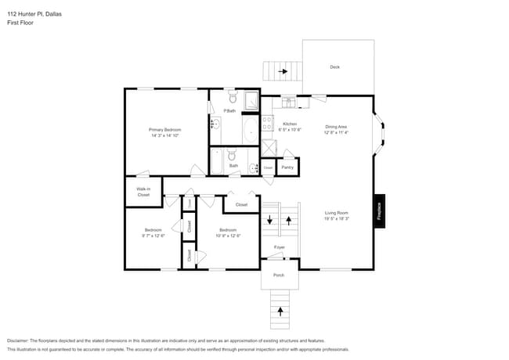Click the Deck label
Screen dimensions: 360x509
coord(334,67)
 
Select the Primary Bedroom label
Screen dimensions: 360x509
coord(165,129)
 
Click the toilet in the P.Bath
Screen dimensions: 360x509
coord(233,99)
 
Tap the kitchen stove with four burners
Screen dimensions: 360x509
coord(267,123)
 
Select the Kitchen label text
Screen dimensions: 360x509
coord(290,124)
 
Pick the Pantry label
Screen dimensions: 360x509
coord(287,167)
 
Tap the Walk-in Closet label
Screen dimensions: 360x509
coord(143,192)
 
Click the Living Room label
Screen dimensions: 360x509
coord(337,213)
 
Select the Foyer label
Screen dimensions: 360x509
coord(280,247)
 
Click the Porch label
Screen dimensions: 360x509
coord(279,275)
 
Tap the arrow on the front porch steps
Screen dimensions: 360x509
coord(280,312)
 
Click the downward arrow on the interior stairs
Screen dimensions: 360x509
coord(271,220)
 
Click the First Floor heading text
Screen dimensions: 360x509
coord(20,23)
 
